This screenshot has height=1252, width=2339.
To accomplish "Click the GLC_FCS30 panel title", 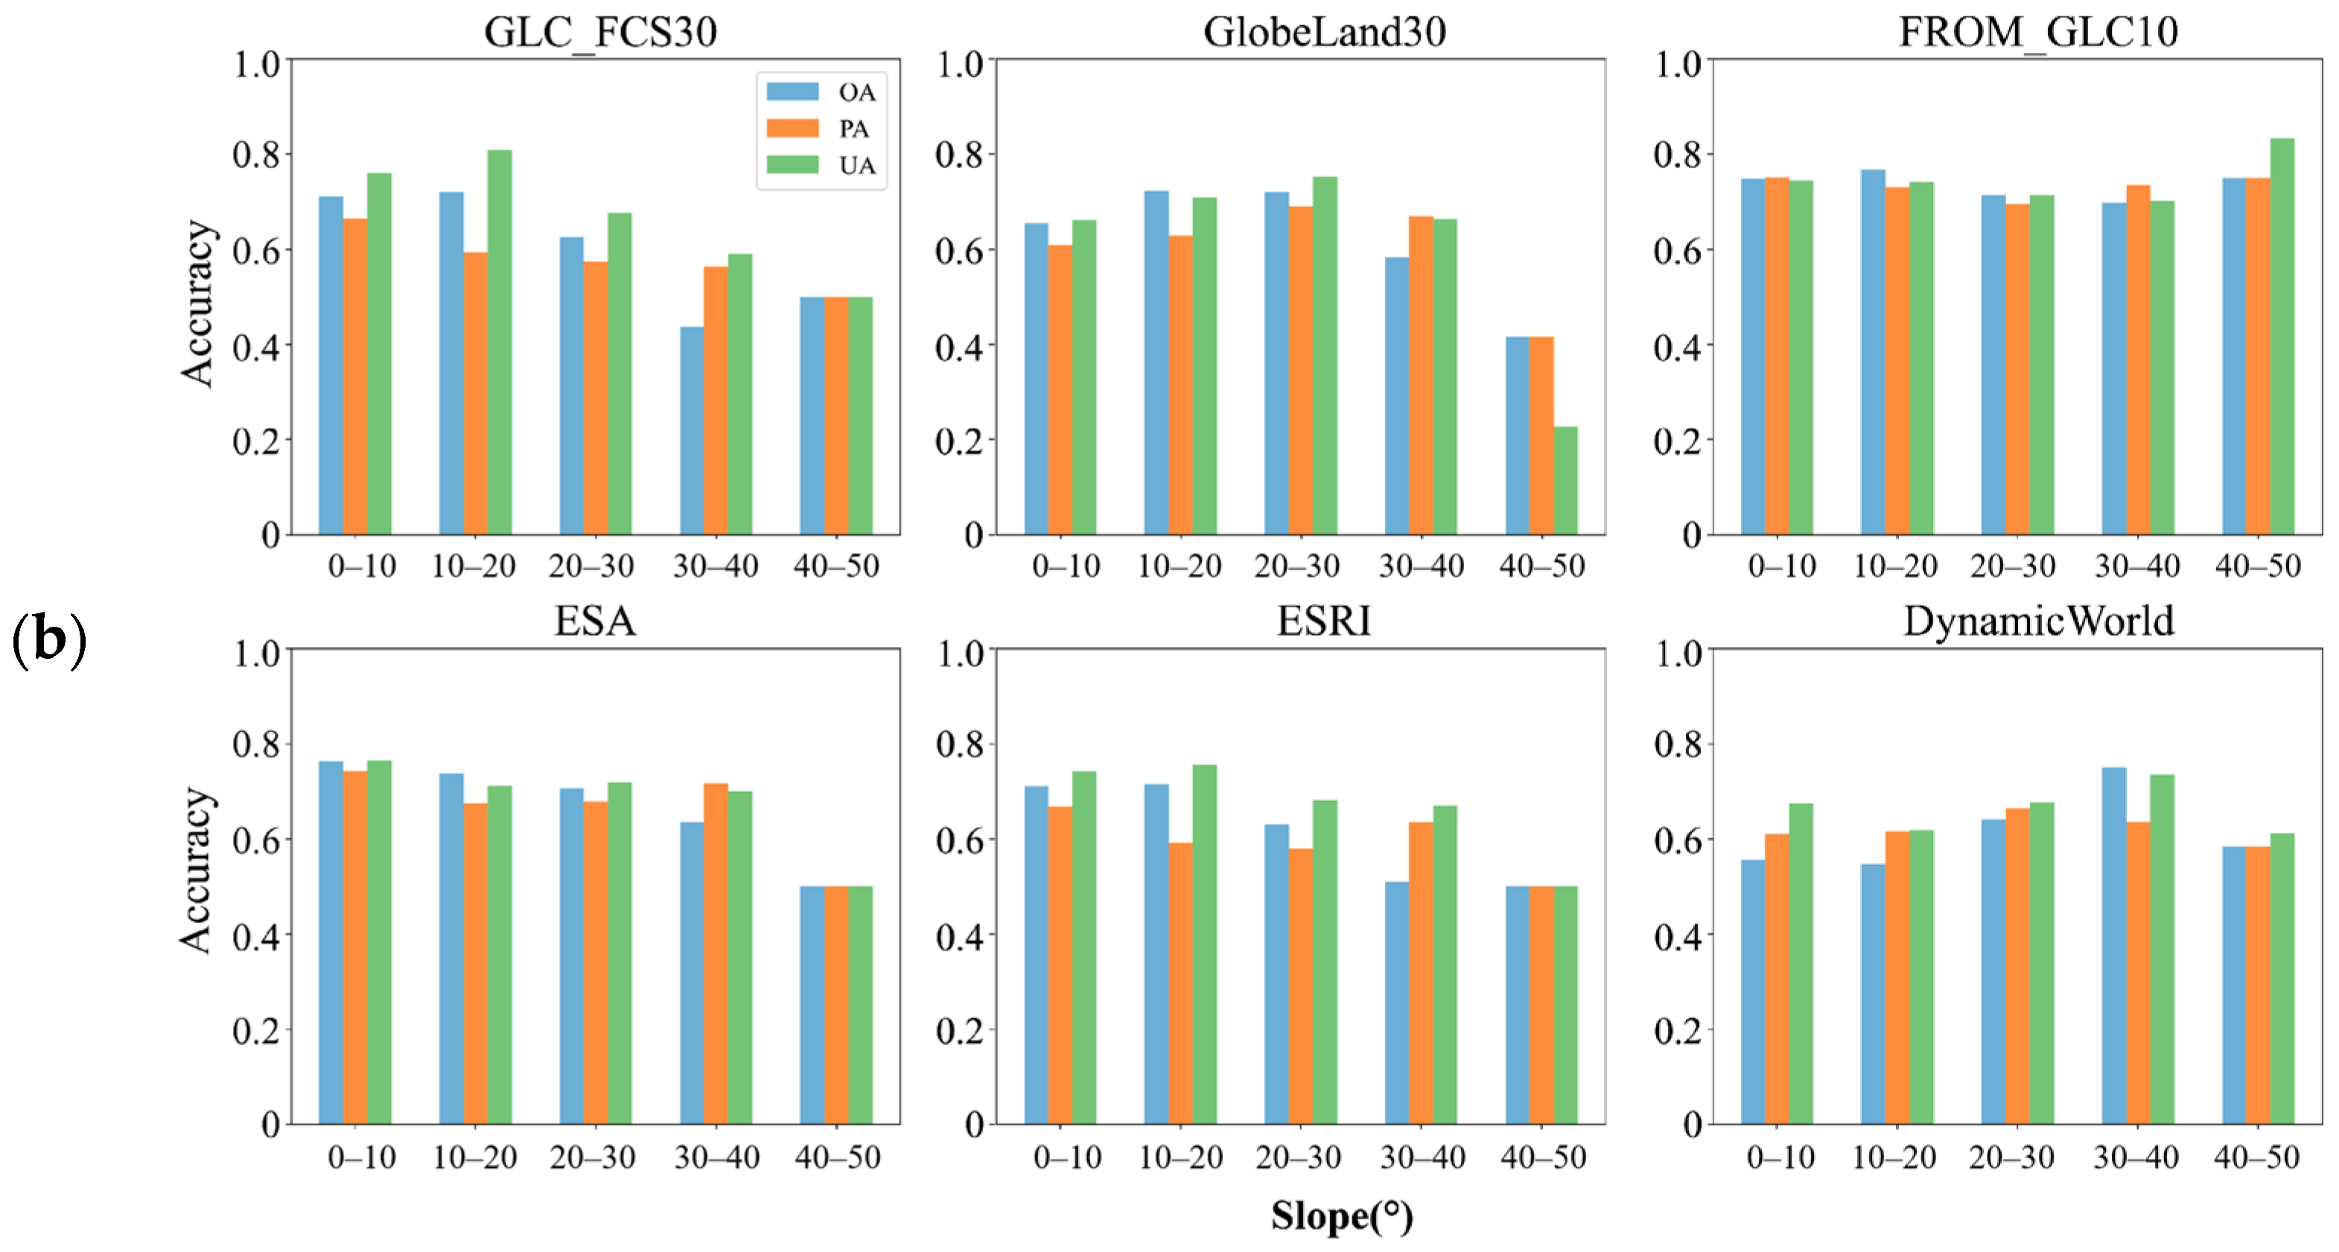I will (600, 33).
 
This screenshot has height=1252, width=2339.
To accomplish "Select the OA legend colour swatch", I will (792, 92).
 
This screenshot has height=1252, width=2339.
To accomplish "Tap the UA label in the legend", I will (856, 165).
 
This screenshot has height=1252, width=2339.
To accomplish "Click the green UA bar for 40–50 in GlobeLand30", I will (1565, 480).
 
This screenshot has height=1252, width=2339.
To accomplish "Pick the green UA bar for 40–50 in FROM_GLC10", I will (2282, 336).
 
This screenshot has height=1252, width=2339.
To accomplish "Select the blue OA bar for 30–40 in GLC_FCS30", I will (692, 430).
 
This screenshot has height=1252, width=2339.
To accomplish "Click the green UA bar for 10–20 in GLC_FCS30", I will (500, 342).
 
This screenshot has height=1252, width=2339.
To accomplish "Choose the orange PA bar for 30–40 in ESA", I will (716, 954).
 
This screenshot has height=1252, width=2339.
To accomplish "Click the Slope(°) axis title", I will (1341, 1216).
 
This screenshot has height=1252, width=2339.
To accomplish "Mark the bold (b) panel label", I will (49, 639).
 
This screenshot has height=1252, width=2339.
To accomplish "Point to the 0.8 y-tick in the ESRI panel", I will (960, 744).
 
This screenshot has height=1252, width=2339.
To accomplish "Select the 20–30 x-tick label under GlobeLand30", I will (1296, 566).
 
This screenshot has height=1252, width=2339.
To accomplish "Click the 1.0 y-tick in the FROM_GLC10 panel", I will (1676, 63).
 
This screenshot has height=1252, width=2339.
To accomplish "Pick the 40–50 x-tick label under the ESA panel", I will (837, 1157).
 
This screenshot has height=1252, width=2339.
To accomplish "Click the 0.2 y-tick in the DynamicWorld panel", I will (1677, 1030).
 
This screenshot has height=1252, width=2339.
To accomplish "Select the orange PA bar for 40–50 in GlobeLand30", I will (1541, 435).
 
